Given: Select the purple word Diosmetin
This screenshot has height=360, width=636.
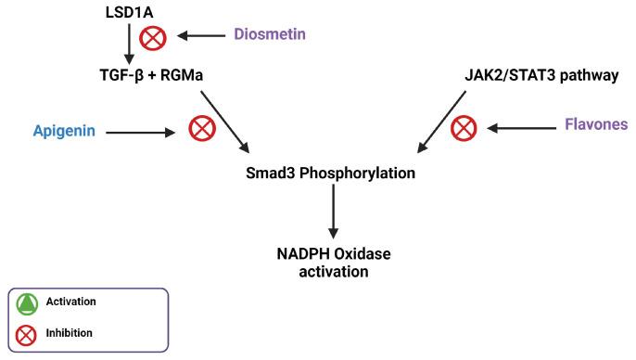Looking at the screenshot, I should tap(269, 35).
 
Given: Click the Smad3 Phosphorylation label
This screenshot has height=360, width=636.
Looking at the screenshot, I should tap(332, 174).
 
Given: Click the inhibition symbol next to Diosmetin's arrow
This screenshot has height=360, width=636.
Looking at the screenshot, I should tap(151, 37).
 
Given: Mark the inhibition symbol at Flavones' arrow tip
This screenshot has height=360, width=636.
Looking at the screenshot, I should tap(464, 127).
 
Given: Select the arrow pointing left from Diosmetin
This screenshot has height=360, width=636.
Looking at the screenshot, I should tap(202, 35).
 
